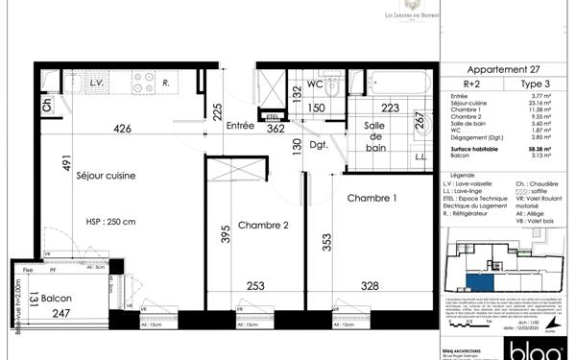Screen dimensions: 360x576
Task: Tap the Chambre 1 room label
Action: pyautogui.click(x=371, y=198)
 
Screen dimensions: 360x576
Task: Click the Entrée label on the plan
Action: pyautogui.click(x=239, y=126)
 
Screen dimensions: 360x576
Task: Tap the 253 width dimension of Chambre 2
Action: pyautogui.click(x=253, y=286)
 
